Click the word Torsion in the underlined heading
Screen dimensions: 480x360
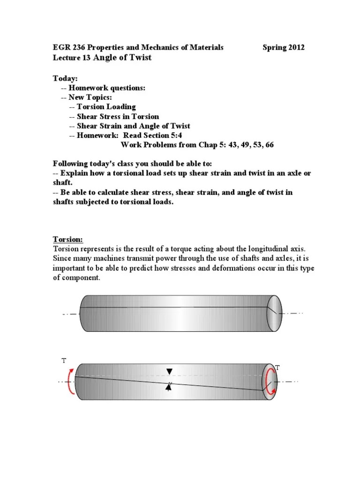[x=68, y=239]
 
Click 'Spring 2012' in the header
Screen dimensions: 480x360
[x=283, y=47]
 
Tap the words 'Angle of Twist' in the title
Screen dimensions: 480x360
[x=123, y=58]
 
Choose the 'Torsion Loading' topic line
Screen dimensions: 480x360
[x=106, y=107]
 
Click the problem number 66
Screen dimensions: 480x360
[x=269, y=145]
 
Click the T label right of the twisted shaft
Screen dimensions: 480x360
[x=277, y=368]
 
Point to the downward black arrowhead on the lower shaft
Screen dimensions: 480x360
[x=169, y=372]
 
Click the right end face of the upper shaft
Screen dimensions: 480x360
[x=274, y=314]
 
